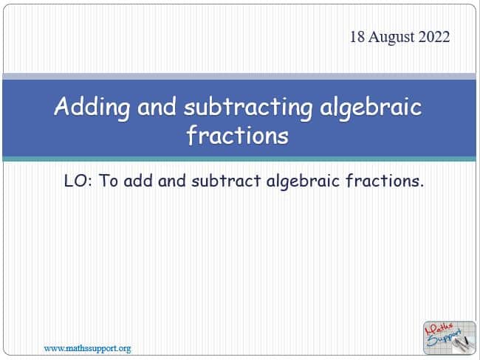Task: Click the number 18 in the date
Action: (x=357, y=37)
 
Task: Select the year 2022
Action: (x=434, y=37)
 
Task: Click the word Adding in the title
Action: (x=92, y=108)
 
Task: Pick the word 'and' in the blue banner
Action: (x=157, y=106)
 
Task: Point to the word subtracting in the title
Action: (x=248, y=108)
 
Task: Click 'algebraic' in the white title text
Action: (x=371, y=108)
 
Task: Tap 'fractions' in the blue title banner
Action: (x=238, y=134)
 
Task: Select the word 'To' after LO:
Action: (x=109, y=181)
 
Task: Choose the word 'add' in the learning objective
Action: (x=138, y=181)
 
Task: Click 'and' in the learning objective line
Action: (x=172, y=181)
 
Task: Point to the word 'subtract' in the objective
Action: (x=226, y=181)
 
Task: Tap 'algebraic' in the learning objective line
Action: (x=303, y=181)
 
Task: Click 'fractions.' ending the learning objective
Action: (x=385, y=181)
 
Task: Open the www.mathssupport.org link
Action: (x=88, y=349)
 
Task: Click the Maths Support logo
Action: (x=450, y=338)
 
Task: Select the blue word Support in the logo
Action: (x=444, y=337)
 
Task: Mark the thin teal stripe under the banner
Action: (x=239, y=159)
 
